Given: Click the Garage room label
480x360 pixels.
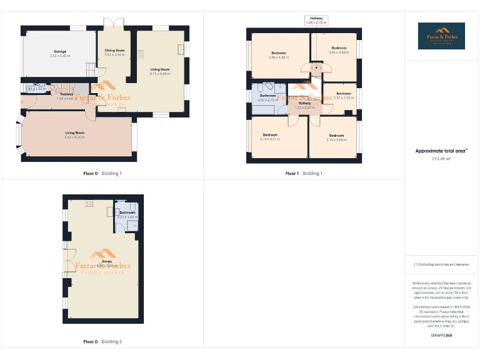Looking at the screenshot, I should point(59,51).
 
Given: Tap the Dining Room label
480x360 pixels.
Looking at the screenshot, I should point(114,50).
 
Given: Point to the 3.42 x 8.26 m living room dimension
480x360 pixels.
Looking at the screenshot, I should point(74,137).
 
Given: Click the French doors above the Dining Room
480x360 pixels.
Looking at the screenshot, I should point(114,23).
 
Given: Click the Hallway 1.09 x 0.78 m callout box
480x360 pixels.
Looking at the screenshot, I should point(316,21).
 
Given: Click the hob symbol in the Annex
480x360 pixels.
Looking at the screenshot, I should point(89,203).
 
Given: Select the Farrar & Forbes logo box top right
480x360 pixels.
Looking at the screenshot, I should point(441,36).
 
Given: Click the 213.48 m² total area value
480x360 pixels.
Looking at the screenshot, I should point(441,159).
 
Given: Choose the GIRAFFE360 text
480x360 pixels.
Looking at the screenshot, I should point(441,336).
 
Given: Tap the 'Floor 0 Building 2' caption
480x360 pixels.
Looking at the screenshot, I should point(102,342).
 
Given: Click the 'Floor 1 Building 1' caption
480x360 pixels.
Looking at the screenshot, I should point(304,173).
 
